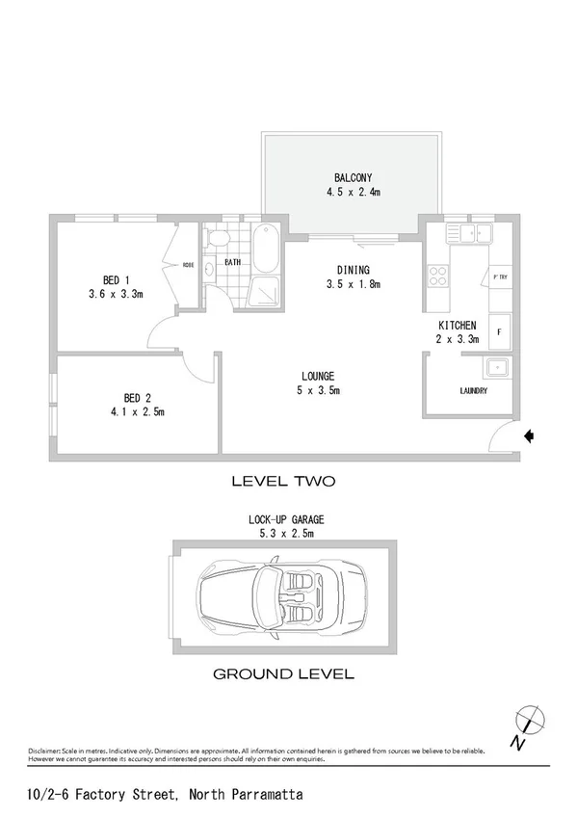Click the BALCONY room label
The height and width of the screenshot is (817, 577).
click(354, 177)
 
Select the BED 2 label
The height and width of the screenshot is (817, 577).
click(138, 398)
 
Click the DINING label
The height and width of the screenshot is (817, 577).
click(353, 270)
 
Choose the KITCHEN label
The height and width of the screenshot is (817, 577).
click(458, 327)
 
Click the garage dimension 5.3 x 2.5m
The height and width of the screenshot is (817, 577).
click(281, 532)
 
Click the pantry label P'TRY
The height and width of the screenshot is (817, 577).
click(500, 277)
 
